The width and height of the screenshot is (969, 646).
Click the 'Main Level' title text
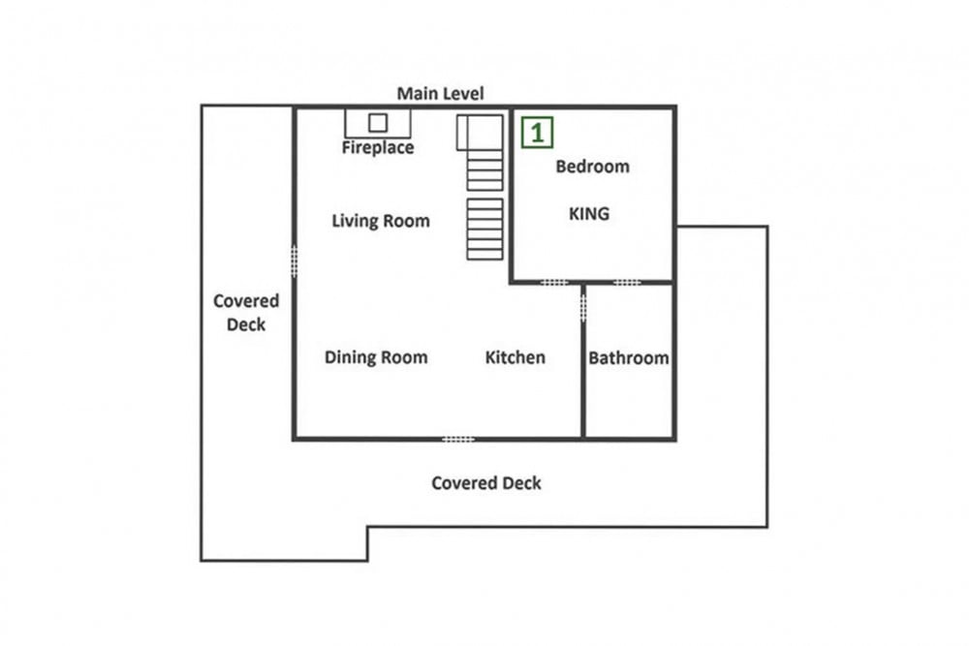coord(440,93)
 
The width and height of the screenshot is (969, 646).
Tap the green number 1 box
coord(537,133)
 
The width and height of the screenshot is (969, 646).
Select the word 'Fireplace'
coord(378,147)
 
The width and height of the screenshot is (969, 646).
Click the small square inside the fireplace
coord(378,123)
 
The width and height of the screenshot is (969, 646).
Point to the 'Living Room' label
coord(381,221)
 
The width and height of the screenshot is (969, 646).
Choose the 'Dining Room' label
coord(376,357)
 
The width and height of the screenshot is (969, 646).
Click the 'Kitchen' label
coord(515,357)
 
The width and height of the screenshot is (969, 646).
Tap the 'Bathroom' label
coord(628,357)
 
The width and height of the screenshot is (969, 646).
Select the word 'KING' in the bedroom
coord(589,214)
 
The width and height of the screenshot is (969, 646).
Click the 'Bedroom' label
coord(592,167)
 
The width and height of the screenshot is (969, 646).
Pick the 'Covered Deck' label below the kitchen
coord(485,483)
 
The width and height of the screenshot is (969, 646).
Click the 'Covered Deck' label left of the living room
coord(246,313)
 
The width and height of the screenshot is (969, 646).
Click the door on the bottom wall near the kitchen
coord(458,439)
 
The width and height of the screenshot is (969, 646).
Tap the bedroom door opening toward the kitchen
coord(553,282)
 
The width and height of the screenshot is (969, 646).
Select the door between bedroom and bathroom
coord(627,282)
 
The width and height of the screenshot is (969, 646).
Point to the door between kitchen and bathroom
coord(582,307)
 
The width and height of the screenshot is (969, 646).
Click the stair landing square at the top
coord(480,133)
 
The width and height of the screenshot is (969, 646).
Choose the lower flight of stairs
coord(484,230)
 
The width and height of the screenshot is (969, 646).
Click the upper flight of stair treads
coord(484,170)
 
